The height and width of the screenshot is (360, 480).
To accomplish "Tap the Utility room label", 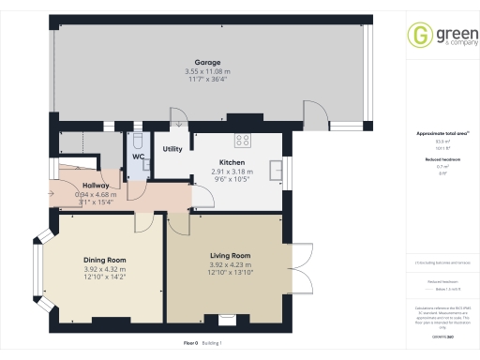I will pyautogui.click(x=172, y=149).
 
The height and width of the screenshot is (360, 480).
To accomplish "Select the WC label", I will pyautogui.click(x=138, y=157).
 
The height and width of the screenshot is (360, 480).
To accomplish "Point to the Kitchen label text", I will pyautogui.click(x=232, y=163).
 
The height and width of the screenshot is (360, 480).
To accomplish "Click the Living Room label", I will pyautogui.click(x=230, y=255).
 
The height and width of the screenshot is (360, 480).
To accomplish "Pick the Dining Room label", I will pyautogui.click(x=104, y=260).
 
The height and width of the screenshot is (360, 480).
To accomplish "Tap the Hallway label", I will pyautogui.click(x=97, y=186).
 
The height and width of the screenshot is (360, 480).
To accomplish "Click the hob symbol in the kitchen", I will pyautogui.click(x=242, y=141).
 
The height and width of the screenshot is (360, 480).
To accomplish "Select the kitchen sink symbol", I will pyautogui.click(x=277, y=169).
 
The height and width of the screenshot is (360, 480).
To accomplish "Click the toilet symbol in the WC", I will pyautogui.click(x=138, y=141).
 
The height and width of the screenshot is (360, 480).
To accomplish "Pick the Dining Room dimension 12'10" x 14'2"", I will pyautogui.click(x=104, y=277).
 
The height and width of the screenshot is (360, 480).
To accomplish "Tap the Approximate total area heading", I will pyautogui.click(x=441, y=133).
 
